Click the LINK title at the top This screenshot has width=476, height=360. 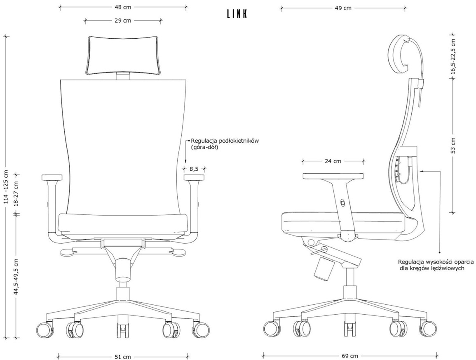click(x=237, y=14)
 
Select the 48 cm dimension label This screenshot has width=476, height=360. click(x=123, y=7)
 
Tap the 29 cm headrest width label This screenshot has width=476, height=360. click(x=123, y=21)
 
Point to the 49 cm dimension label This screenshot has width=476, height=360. click(x=343, y=8)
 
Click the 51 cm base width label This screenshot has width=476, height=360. click(x=123, y=357)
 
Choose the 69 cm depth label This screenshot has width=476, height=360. click(x=350, y=356)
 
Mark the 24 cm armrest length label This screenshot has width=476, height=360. click(x=333, y=161)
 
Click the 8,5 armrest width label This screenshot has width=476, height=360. click(x=194, y=169)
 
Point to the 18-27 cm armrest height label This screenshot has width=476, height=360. click(x=16, y=194)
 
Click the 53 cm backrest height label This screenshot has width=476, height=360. click(x=453, y=146)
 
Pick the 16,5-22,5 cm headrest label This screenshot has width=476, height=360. click(x=453, y=56)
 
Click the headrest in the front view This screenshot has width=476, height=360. click(x=123, y=55)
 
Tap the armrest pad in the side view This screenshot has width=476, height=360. click(x=333, y=176)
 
